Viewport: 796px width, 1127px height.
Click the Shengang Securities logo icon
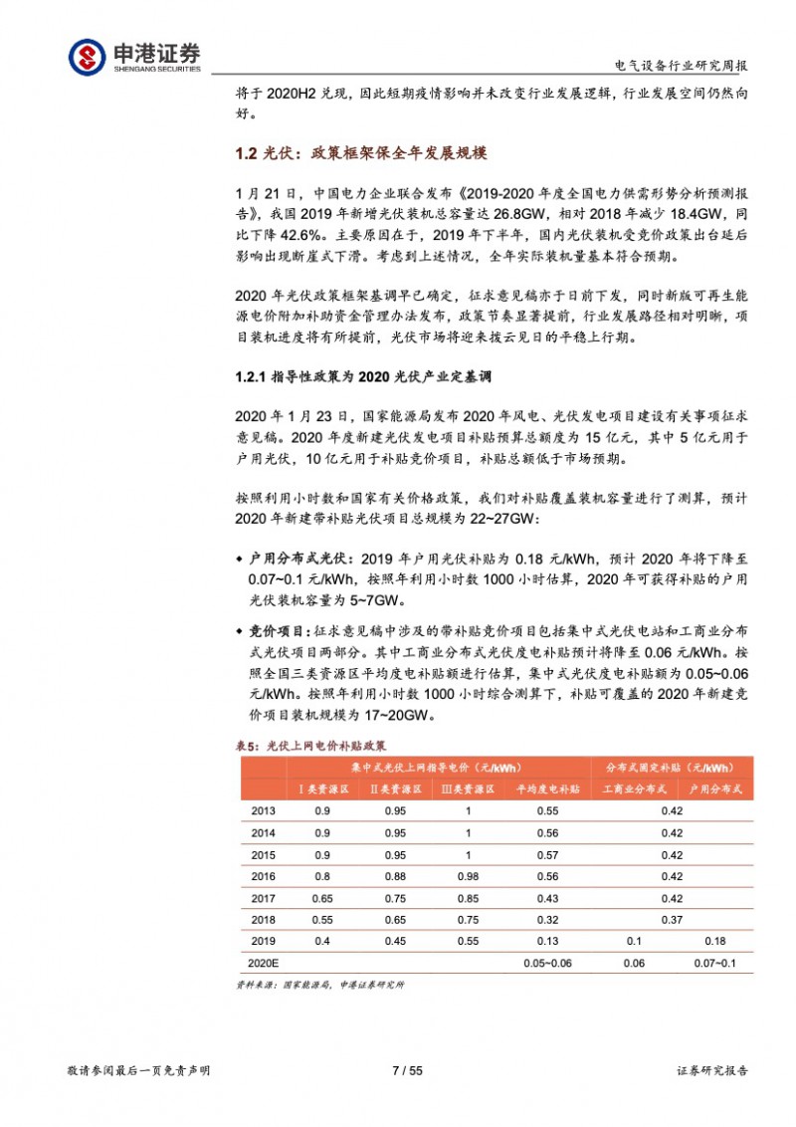(x=86, y=56)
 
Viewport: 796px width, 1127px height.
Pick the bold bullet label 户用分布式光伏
(x=298, y=559)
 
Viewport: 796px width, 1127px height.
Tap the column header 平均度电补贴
(x=545, y=789)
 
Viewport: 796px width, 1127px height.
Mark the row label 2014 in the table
(x=263, y=832)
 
